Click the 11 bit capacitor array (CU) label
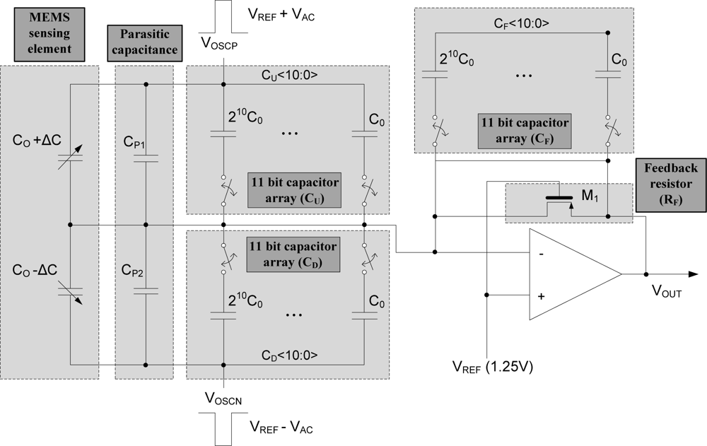293,189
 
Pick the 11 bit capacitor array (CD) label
293,254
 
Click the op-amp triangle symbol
573,274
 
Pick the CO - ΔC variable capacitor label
37,271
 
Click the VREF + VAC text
281,16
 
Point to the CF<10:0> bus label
522,23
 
